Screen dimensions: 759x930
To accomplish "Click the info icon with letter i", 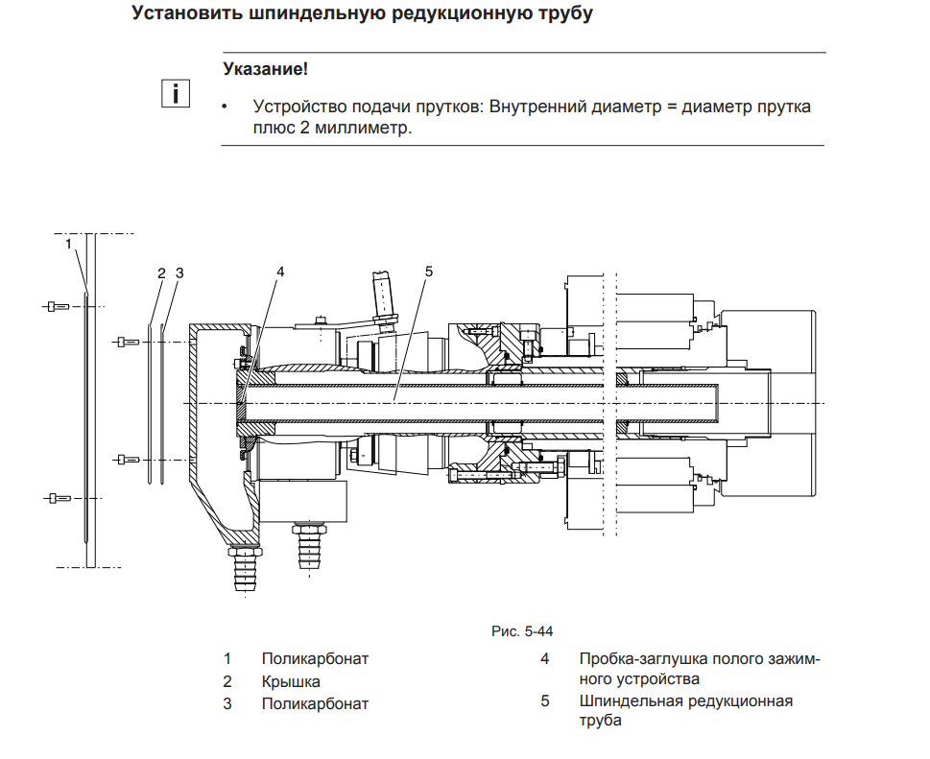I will coord(175,93).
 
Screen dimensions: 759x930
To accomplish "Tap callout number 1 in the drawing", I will coord(69,244).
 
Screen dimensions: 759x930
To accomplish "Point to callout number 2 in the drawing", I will coord(161,273).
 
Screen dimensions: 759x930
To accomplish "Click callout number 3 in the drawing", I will coord(179,273).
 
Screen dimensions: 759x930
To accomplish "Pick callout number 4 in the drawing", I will coord(280,272).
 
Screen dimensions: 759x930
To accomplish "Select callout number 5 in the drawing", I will coord(429,272).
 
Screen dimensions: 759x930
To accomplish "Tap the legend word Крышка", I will coord(291,681).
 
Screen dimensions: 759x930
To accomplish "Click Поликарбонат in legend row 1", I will coord(315,658).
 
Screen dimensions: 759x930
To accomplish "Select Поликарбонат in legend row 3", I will coord(315,703).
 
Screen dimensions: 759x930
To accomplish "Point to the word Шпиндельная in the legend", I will coord(629,700).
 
